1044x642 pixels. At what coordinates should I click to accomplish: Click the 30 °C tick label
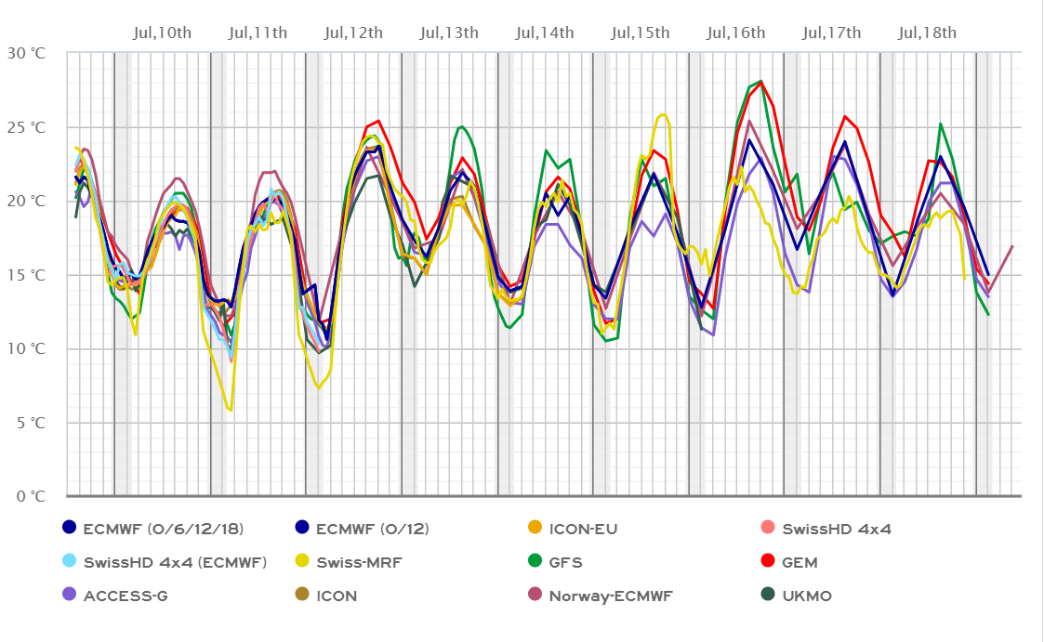[26, 53]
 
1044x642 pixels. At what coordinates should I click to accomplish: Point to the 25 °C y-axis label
[26, 126]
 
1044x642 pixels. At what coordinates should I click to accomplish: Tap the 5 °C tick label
[30, 423]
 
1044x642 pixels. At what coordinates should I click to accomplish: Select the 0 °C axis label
[30, 496]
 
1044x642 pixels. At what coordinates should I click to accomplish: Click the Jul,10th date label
[163, 33]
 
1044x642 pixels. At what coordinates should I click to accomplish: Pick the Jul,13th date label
[450, 33]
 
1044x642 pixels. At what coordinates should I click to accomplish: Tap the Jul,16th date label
[736, 33]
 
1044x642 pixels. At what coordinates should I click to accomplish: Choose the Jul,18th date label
[928, 33]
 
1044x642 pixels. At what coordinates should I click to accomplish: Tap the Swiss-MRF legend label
[362, 562]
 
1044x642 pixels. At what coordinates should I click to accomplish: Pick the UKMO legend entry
[806, 596]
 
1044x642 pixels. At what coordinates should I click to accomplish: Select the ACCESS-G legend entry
[122, 596]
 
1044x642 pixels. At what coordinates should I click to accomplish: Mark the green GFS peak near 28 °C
[760, 81]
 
